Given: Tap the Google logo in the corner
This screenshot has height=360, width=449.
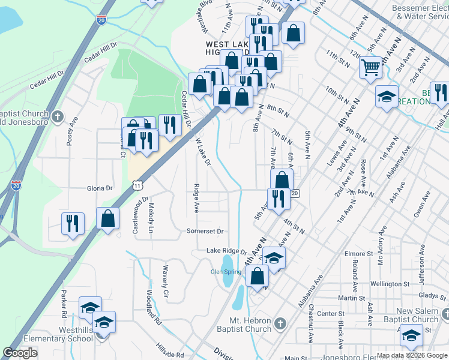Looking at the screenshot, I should click(x=20, y=353).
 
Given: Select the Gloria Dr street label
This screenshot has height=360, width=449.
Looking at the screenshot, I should click(x=100, y=188).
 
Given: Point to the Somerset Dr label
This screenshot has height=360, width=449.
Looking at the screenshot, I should click(x=205, y=231).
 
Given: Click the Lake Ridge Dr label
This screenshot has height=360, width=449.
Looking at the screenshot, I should click(x=226, y=251).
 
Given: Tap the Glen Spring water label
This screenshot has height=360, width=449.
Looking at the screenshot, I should click(x=226, y=272).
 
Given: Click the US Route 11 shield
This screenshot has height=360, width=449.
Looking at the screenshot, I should click(x=139, y=186).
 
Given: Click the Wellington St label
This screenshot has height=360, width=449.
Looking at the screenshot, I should click(x=373, y=283).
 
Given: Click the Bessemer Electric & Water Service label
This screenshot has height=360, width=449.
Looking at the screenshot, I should click(x=420, y=13).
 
